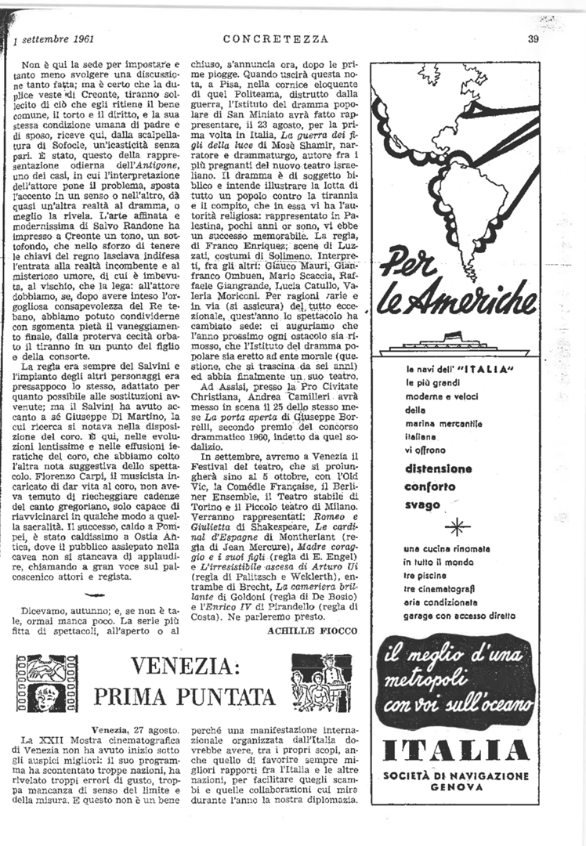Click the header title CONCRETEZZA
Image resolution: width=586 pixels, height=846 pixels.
(x=275, y=38)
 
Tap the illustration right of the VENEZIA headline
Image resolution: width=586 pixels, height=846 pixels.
(x=321, y=681)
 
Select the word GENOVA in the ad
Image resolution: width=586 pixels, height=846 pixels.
(x=456, y=788)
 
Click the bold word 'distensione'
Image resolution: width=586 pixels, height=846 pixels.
(x=438, y=469)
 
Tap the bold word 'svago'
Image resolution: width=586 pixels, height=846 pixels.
(x=422, y=504)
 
